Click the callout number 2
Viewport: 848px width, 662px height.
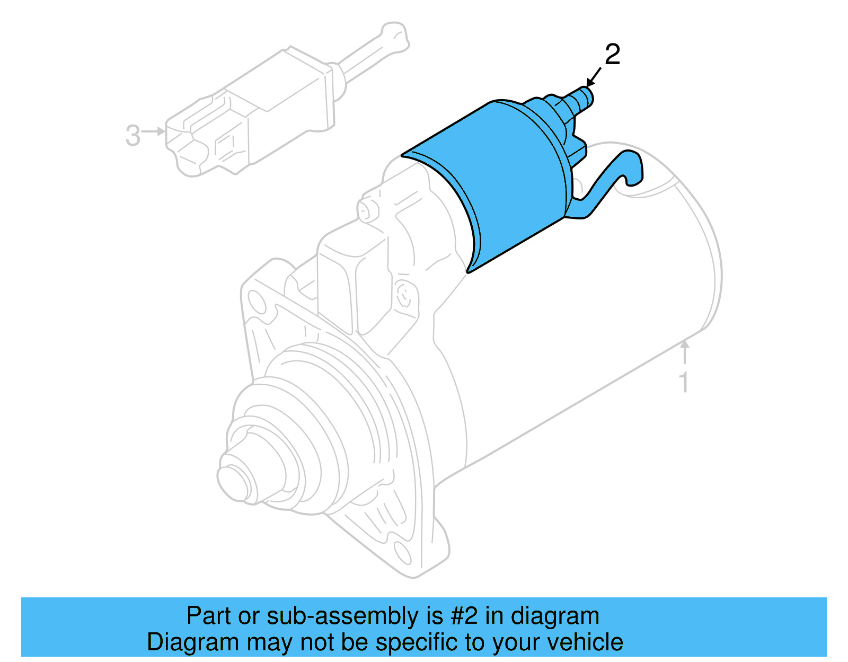[x=612, y=55]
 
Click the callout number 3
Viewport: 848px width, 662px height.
[x=132, y=135]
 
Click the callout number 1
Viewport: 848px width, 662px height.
[x=684, y=382]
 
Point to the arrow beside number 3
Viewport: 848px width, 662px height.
[x=154, y=131]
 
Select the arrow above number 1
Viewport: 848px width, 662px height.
[x=685, y=352]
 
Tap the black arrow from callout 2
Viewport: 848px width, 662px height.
[x=594, y=77]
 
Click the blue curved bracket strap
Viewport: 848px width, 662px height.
[x=615, y=175]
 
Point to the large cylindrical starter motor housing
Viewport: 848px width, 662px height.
[x=583, y=318]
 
